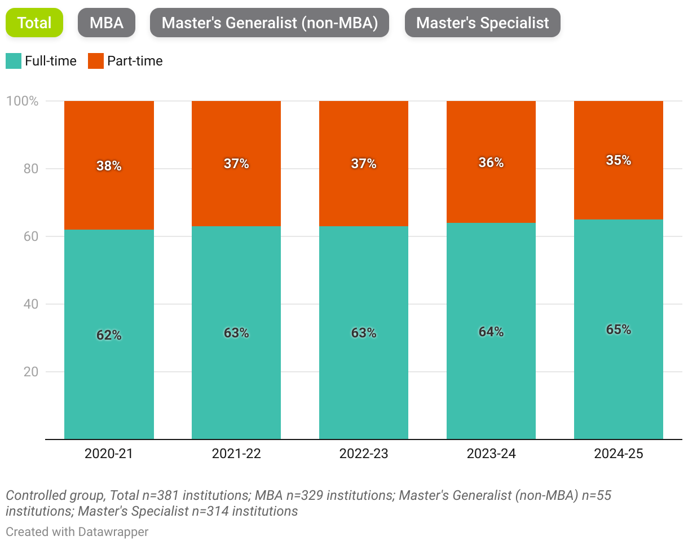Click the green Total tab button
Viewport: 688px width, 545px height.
tap(34, 23)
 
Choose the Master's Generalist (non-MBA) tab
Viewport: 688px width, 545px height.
tap(269, 23)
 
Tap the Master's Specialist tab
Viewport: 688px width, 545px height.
tap(482, 23)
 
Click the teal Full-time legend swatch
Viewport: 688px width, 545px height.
tap(14, 61)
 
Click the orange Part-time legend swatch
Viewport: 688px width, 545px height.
tap(96, 61)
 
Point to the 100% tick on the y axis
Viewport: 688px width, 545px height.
tap(22, 102)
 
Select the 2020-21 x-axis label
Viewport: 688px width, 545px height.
tap(109, 454)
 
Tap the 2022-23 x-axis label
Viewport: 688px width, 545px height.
tap(364, 454)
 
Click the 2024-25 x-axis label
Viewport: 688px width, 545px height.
tap(619, 454)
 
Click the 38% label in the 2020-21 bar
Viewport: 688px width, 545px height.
tap(109, 166)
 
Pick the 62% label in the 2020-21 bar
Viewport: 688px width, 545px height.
tap(109, 335)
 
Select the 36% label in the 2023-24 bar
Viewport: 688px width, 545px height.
tap(491, 162)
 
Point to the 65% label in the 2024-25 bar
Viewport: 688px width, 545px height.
tap(619, 330)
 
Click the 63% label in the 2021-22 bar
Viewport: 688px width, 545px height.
tap(236, 333)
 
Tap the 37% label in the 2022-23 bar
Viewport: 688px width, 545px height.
tap(364, 164)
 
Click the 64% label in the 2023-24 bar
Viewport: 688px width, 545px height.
tap(491, 332)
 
